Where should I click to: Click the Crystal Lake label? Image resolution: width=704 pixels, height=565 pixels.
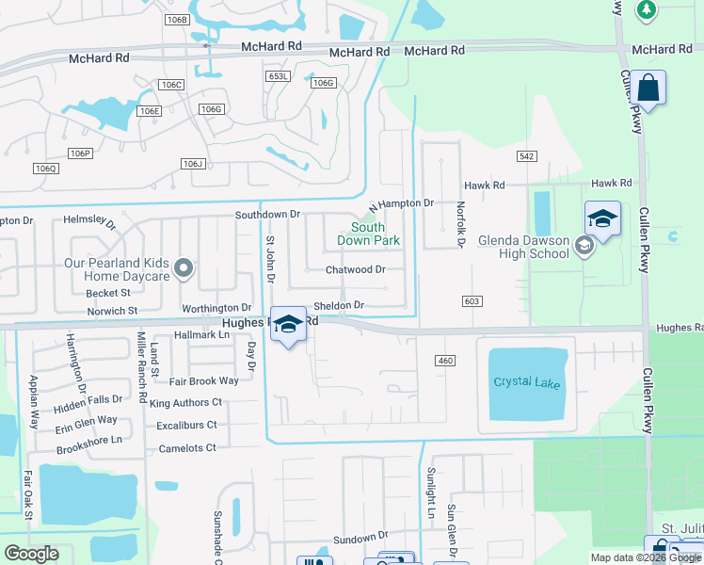coord(525,381)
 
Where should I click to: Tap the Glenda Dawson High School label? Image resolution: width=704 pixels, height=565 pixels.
coord(522,247)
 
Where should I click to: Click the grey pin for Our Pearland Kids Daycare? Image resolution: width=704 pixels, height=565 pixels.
coord(184,270)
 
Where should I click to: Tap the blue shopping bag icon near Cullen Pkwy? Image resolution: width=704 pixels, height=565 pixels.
coord(648,89)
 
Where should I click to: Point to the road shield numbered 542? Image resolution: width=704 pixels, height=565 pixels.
coord(526,155)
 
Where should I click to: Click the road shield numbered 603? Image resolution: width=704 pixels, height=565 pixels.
coord(472,300)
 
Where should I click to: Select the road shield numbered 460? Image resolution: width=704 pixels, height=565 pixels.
coord(445,361)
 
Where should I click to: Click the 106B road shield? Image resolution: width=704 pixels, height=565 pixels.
coord(176,19)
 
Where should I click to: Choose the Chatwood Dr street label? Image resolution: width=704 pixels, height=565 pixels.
coord(356,269)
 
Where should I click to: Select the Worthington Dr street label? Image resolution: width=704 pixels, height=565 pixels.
coord(216,307)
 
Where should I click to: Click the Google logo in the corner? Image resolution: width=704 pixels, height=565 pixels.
coord(31,554)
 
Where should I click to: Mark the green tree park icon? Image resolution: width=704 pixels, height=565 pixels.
coord(646,8)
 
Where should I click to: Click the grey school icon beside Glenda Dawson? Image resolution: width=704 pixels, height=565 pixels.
coord(584,247)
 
